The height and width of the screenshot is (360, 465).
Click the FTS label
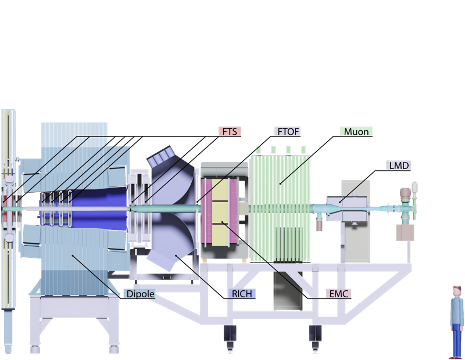(230, 131)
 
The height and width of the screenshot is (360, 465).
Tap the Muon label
(356, 131)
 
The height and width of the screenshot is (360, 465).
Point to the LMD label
(398, 165)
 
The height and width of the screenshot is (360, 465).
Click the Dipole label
(140, 294)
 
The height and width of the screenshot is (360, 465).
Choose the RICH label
(241, 294)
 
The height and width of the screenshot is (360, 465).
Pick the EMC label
(338, 294)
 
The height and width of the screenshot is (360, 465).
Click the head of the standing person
(457, 289)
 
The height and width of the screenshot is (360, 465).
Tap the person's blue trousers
(457, 340)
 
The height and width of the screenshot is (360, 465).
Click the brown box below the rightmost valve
(405, 232)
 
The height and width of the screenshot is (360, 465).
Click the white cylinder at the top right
(415, 188)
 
